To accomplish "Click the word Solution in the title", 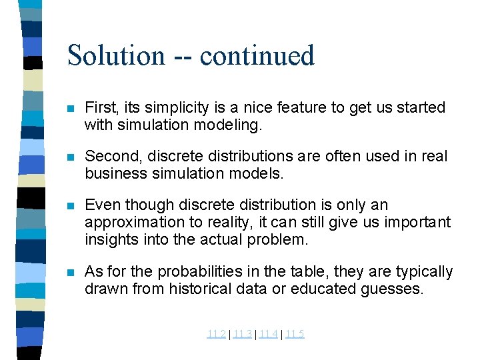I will pyautogui.click(x=115, y=55).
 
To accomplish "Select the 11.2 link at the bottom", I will pyautogui.click(x=216, y=334).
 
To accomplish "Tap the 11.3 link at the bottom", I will pyautogui.click(x=242, y=334).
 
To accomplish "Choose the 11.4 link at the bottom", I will pyautogui.click(x=268, y=334).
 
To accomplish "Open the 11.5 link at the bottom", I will pyautogui.click(x=294, y=334).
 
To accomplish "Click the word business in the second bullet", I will pyautogui.click(x=113, y=173).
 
